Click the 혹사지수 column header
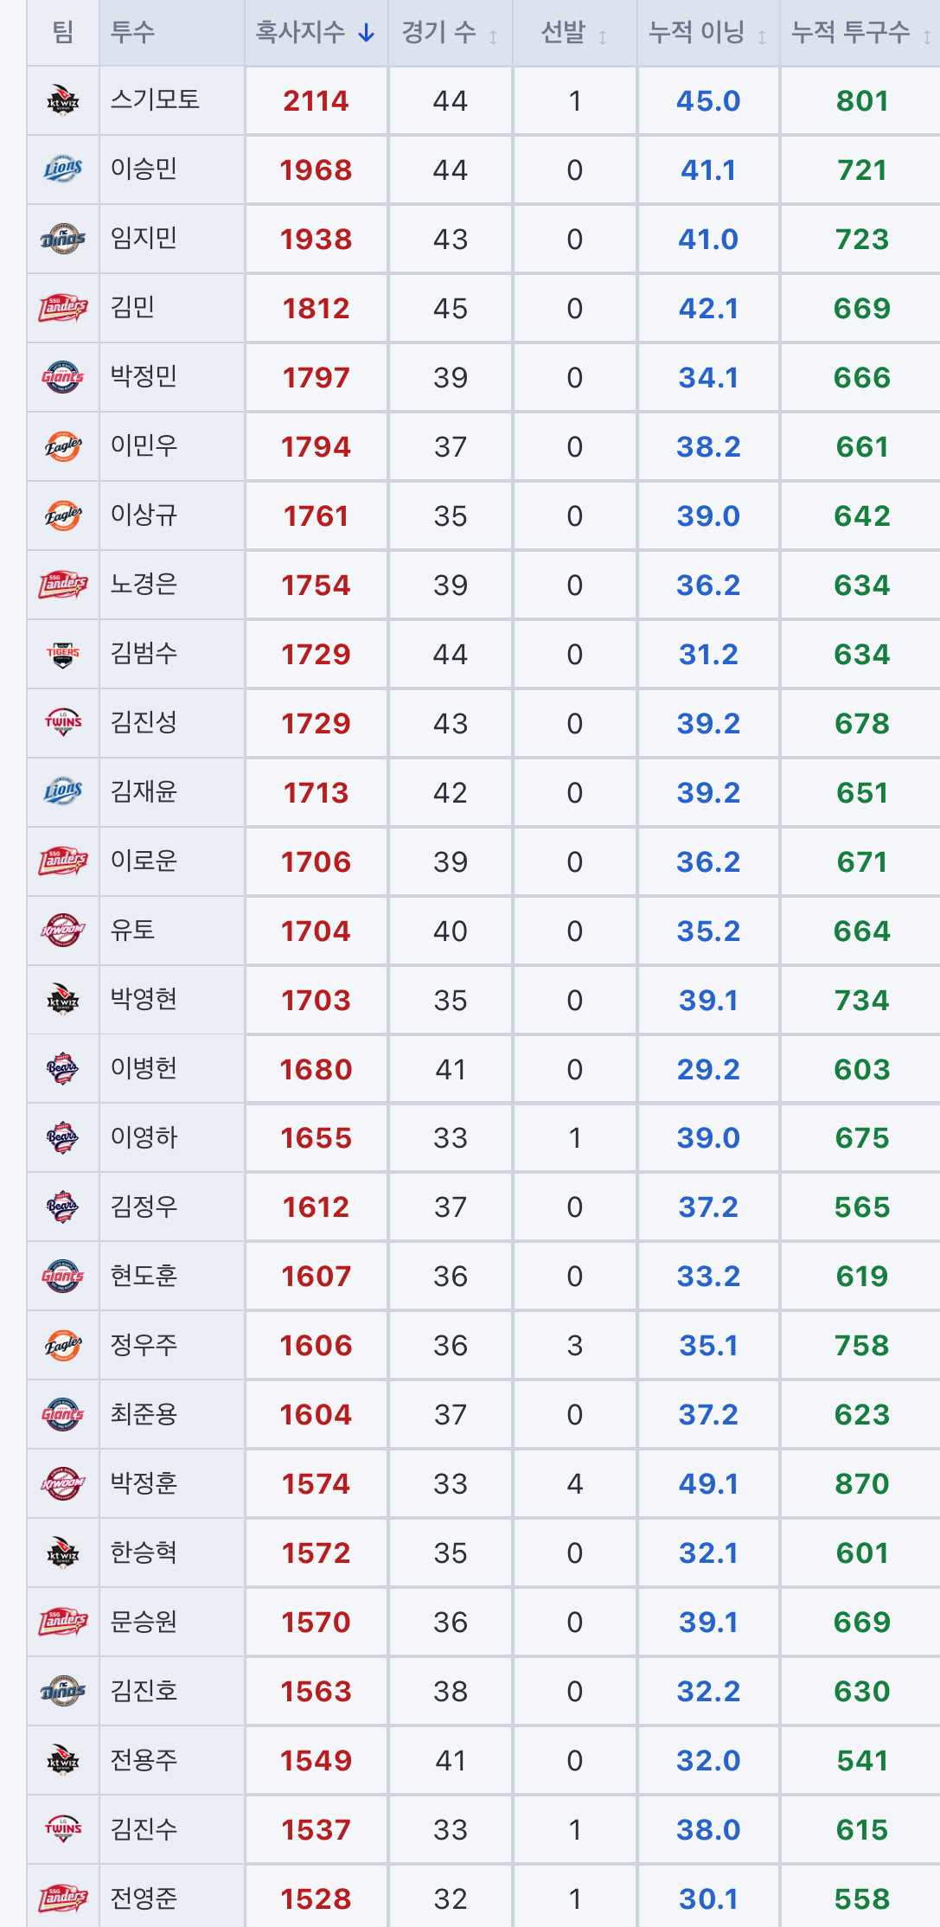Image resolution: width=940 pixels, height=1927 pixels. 300,33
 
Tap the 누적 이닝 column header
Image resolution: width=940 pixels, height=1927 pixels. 696,33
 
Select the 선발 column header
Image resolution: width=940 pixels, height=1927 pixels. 563,33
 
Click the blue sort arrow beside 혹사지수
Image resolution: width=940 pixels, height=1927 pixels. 367,34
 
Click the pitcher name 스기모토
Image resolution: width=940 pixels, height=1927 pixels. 155,99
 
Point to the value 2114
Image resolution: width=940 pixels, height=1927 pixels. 316,100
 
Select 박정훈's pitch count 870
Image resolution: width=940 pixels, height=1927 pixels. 862,1484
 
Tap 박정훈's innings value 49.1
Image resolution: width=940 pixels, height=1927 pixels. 708,1484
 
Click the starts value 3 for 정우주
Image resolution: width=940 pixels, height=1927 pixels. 575,1346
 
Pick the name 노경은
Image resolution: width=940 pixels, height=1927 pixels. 144,584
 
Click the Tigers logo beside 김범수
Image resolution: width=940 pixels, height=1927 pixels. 63,655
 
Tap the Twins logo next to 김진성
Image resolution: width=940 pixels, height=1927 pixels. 63,722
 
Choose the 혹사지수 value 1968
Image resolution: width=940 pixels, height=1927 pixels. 316,170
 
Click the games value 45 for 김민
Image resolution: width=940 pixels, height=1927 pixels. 451,308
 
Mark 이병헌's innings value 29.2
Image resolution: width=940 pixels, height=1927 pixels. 708,1069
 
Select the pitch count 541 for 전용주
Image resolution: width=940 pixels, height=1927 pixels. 862,1761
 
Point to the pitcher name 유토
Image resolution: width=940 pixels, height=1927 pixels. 132,930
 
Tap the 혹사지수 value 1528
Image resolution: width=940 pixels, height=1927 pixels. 316,1899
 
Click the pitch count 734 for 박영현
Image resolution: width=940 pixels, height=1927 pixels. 862,1000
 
